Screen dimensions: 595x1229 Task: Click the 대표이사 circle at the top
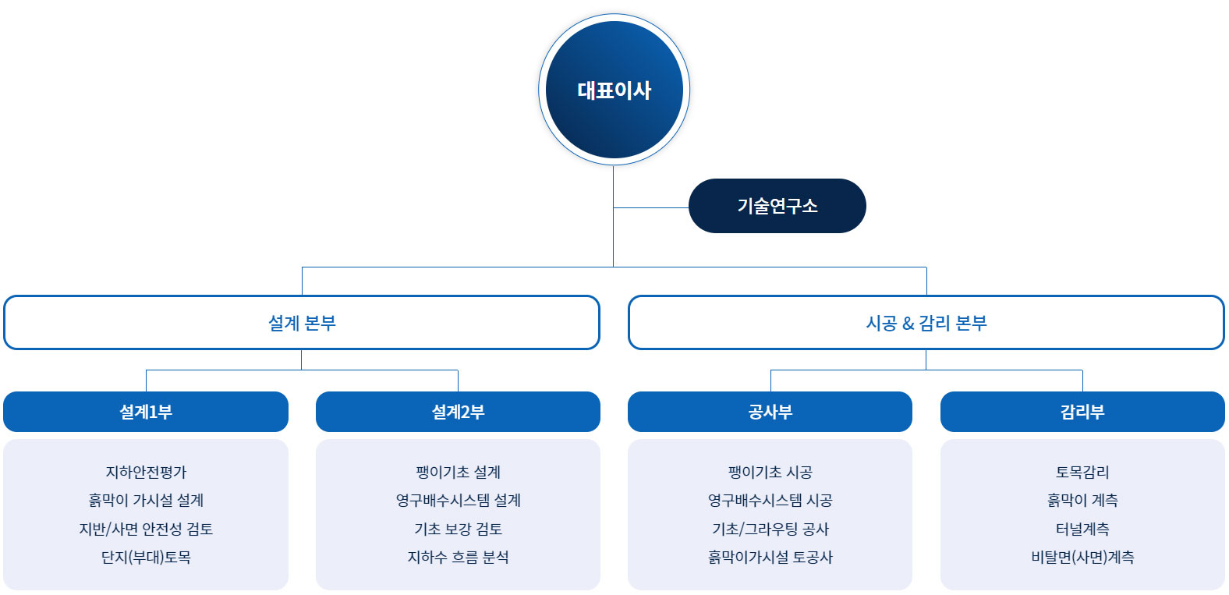pyautogui.click(x=614, y=90)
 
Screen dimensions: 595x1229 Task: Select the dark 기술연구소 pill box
pyautogui.click(x=777, y=206)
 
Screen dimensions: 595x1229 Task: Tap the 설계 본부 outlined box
pyautogui.click(x=302, y=322)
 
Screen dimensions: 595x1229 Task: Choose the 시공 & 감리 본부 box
pyautogui.click(x=926, y=322)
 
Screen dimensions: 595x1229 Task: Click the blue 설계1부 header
pyautogui.click(x=146, y=412)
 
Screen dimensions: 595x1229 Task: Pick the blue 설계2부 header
pyautogui.click(x=458, y=412)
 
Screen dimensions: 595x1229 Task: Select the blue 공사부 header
pyautogui.click(x=770, y=412)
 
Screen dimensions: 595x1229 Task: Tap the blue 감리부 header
pyautogui.click(x=1082, y=412)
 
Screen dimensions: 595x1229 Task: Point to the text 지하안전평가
pyautogui.click(x=146, y=472)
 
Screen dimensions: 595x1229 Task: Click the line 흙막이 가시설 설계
pyautogui.click(x=146, y=500)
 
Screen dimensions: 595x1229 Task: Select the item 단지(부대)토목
pyautogui.click(x=146, y=557)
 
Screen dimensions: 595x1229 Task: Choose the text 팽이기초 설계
pyautogui.click(x=458, y=472)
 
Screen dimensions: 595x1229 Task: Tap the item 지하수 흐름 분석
pyautogui.click(x=458, y=557)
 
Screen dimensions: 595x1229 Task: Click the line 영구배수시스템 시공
pyautogui.click(x=770, y=500)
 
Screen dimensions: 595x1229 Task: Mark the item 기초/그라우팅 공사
pyautogui.click(x=770, y=529)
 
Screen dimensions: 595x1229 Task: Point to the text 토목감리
pyautogui.click(x=1082, y=472)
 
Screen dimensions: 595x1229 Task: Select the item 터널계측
pyautogui.click(x=1082, y=529)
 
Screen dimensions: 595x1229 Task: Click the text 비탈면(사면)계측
pyautogui.click(x=1082, y=557)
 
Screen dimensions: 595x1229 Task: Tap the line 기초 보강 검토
pyautogui.click(x=458, y=529)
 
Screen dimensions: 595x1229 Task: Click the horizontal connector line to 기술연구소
pyautogui.click(x=651, y=207)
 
